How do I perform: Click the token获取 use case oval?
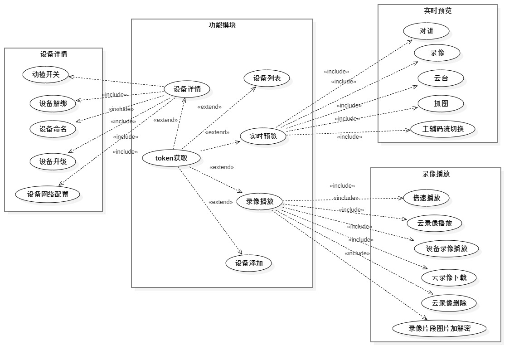click(171, 158)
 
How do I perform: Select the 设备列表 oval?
click(267, 78)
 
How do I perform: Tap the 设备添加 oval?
click(249, 263)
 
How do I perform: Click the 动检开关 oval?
click(46, 74)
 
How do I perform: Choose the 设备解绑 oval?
click(53, 103)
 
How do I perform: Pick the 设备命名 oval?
click(53, 129)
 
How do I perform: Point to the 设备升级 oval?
click(53, 161)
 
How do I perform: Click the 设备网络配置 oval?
click(48, 194)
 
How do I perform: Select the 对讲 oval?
click(427, 31)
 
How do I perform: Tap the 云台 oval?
click(441, 78)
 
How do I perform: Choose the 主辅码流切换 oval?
click(443, 129)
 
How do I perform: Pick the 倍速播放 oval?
click(427, 198)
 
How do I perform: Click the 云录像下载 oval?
click(449, 277)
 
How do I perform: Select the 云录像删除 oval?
click(449, 303)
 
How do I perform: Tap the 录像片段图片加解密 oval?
click(440, 328)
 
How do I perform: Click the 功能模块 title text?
click(222, 25)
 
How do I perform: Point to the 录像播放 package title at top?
click(436, 174)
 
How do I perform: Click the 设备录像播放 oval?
click(447, 248)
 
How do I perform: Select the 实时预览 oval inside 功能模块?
click(263, 136)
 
